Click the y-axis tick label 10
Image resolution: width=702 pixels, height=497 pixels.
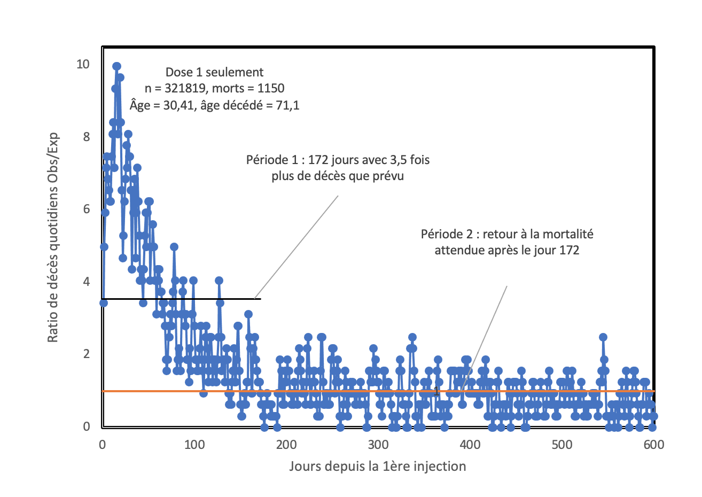point(83,64)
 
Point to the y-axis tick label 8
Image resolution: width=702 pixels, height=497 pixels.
point(86,137)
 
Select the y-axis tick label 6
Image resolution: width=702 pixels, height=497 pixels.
point(86,209)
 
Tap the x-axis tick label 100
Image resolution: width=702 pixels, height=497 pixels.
point(194,445)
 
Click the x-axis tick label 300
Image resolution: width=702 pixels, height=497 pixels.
point(378,445)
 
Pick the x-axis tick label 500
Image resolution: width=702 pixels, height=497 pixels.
point(562,445)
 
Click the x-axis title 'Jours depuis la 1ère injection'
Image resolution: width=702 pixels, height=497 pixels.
point(378,466)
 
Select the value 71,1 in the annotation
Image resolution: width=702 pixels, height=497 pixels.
point(286,105)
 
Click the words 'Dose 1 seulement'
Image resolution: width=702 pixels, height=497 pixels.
point(214,72)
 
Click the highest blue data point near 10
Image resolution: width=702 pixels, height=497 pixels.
point(116,66)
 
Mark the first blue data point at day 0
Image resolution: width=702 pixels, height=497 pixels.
point(104,303)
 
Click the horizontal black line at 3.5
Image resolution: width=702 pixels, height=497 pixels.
point(182,299)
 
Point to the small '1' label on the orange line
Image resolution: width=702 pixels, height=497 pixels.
point(436,392)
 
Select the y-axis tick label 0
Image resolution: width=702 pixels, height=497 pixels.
point(86,426)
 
